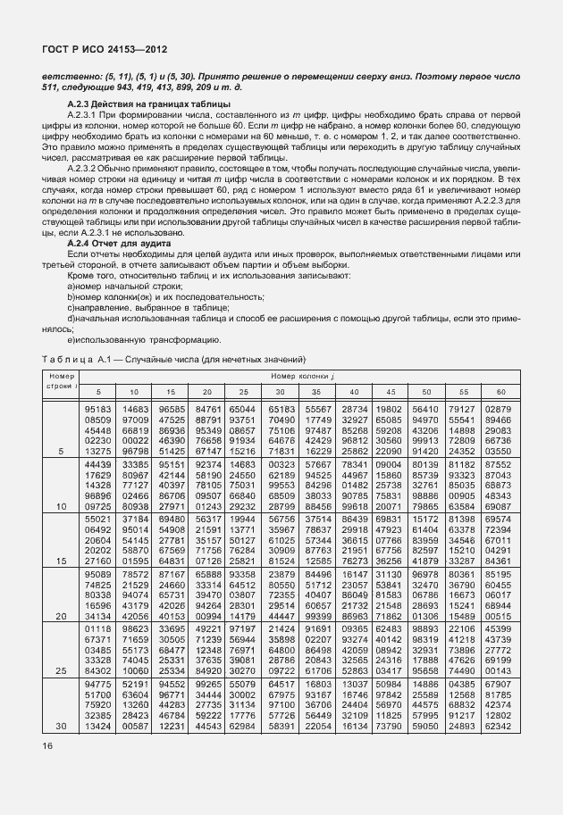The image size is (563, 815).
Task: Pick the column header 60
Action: (500, 393)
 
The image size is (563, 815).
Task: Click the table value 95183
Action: (97, 409)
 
